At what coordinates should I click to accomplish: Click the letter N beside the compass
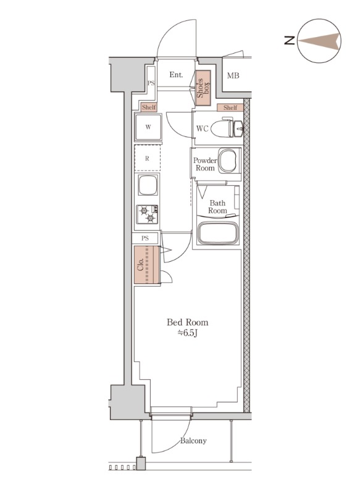click(x=290, y=40)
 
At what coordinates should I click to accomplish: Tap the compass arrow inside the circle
click(x=319, y=41)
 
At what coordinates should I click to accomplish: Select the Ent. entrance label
click(x=176, y=75)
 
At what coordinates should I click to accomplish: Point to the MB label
click(x=233, y=75)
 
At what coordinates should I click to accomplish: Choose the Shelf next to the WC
click(x=230, y=107)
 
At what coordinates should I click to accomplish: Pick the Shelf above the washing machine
click(x=149, y=107)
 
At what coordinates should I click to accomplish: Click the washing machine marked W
click(x=148, y=127)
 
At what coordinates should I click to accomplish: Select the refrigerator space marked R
click(x=148, y=159)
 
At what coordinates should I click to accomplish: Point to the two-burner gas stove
click(x=148, y=214)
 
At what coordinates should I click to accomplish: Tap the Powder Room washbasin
click(x=228, y=161)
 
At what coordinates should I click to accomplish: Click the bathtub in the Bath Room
click(x=217, y=233)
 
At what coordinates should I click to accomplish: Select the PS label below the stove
click(x=145, y=238)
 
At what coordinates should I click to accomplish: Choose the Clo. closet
click(x=147, y=265)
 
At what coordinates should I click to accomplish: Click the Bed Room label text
click(x=187, y=322)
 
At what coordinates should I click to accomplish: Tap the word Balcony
click(x=193, y=440)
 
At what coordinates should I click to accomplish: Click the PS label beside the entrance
click(x=151, y=83)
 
